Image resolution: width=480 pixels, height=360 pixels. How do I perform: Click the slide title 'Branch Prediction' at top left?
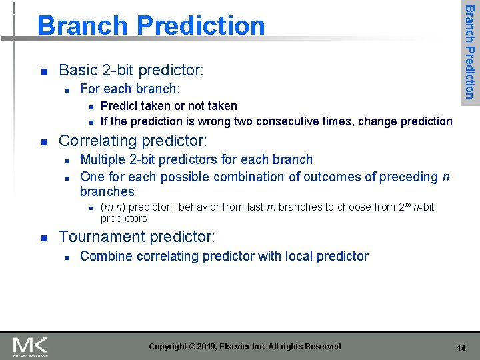pos(151,25)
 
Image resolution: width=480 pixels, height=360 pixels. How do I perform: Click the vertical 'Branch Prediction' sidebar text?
pos(469,51)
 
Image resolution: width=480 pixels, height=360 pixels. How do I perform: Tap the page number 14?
pos(461,349)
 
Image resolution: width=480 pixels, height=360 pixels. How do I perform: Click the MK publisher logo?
pos(31,346)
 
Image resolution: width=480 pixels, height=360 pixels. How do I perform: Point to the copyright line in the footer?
pos(245,347)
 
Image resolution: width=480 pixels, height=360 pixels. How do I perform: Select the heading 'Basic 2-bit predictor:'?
pos(131,70)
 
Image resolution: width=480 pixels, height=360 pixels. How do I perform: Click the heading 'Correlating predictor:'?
pos(133,141)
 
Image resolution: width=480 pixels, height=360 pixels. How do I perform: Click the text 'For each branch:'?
pos(130,89)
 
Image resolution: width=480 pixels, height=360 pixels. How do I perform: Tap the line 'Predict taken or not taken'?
pos(169,106)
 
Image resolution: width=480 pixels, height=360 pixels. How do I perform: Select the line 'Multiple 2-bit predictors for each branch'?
pos(196,159)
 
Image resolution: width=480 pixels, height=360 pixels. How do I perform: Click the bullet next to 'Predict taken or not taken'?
pos(90,107)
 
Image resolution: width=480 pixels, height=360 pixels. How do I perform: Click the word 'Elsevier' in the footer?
pos(239,347)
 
